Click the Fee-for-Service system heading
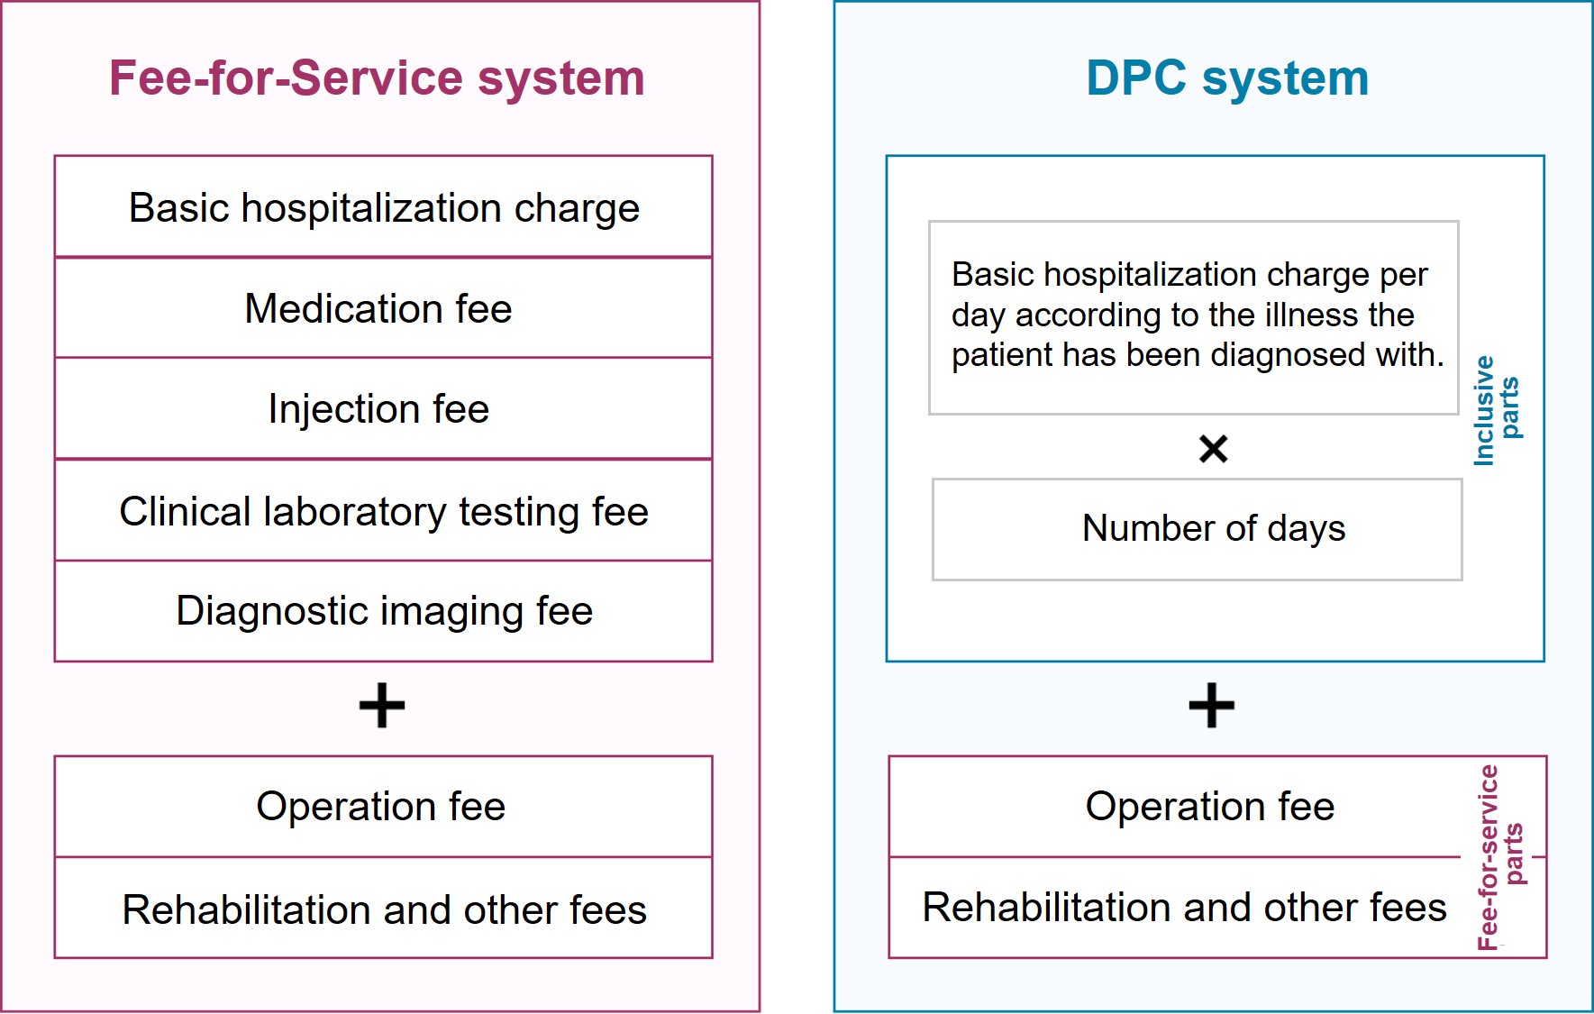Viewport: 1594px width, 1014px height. [x=377, y=78]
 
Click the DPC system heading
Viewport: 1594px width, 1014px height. [x=1227, y=78]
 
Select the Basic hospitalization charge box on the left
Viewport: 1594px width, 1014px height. [x=384, y=206]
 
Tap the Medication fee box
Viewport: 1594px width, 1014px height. [x=384, y=308]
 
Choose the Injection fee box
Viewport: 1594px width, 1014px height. [x=384, y=409]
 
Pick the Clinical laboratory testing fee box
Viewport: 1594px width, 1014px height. [x=384, y=510]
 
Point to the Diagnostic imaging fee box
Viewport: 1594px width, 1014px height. [x=384, y=611]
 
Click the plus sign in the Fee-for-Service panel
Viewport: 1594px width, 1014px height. [x=382, y=705]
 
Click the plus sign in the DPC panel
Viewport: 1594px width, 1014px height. [x=1212, y=705]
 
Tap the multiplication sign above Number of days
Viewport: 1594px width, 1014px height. [x=1214, y=448]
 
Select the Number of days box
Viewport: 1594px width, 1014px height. [x=1198, y=529]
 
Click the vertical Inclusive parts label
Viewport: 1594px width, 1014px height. [x=1497, y=410]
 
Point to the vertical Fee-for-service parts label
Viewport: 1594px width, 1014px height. [x=1500, y=857]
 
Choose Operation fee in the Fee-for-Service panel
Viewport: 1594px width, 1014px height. [x=381, y=807]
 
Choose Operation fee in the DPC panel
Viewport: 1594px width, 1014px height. [x=1210, y=807]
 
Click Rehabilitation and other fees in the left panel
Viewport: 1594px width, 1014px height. [x=385, y=910]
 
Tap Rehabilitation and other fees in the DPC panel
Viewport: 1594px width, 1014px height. [x=1185, y=908]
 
